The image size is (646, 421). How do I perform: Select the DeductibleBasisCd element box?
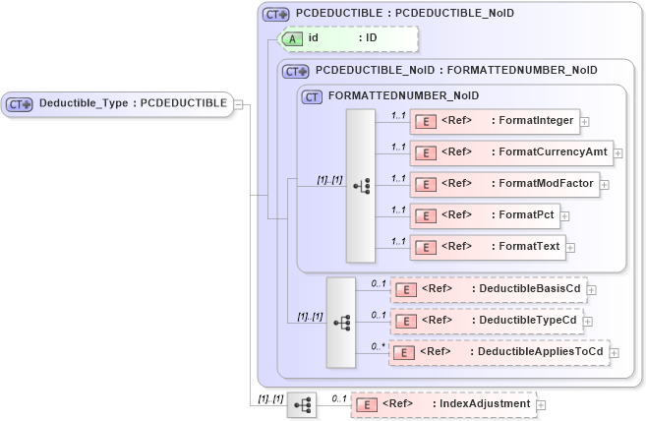487,289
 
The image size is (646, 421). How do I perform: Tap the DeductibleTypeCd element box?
487,321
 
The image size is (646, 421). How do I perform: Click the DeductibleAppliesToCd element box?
499,352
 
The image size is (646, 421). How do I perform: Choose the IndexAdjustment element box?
442,404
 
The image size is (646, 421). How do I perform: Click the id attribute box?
350,38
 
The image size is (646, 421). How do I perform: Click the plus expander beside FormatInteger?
585,121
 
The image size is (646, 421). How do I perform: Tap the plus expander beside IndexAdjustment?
541,404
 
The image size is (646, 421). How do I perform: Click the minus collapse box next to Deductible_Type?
239,103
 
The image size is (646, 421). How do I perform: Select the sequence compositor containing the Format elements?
360,185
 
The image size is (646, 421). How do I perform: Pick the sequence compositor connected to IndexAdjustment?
302,404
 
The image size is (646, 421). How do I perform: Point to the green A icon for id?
293,38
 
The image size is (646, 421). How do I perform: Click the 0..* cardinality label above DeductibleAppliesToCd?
378,345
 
